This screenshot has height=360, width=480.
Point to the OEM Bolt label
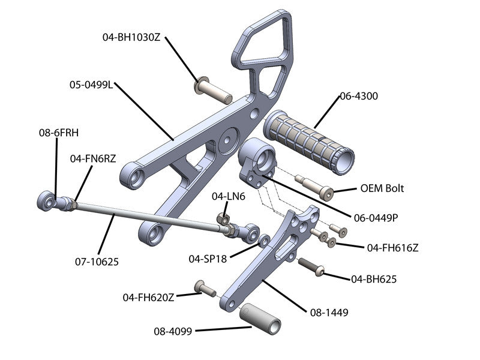click(x=382, y=188)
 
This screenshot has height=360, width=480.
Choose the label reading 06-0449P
click(x=374, y=218)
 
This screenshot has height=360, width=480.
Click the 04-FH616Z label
click(x=392, y=247)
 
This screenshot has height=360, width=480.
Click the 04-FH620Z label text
click(x=149, y=297)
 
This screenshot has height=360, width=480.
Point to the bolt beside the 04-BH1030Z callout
click(x=213, y=89)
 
